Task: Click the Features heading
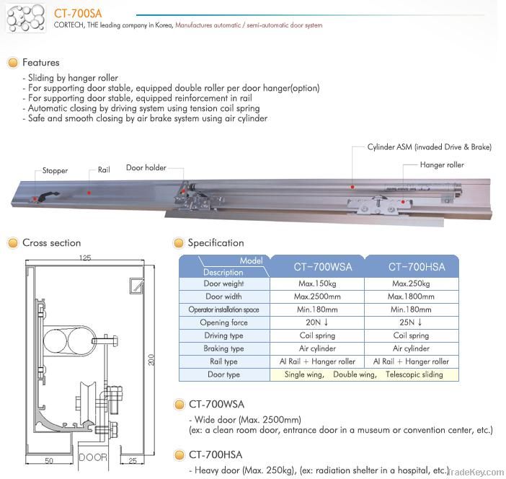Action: (x=41, y=63)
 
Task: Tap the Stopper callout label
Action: (x=55, y=171)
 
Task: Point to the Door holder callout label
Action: (x=146, y=167)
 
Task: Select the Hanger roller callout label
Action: (x=442, y=164)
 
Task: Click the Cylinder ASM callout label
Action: (x=429, y=147)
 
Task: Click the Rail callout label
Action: (x=104, y=171)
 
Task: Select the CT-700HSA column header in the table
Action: (x=417, y=266)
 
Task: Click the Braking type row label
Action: (x=224, y=348)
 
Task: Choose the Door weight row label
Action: (x=224, y=284)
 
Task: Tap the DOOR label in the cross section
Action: (x=92, y=457)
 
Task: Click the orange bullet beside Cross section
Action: (x=12, y=243)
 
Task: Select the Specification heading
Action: (x=216, y=243)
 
